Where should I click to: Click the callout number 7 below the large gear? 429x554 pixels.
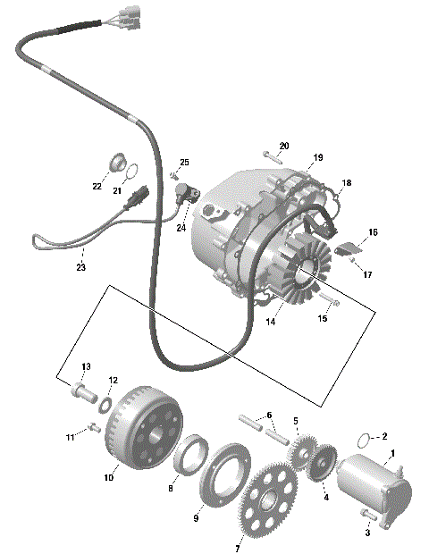(x=237, y=547)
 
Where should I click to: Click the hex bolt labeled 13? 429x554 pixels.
(x=81, y=391)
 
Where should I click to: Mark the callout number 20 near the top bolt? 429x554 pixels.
(x=284, y=146)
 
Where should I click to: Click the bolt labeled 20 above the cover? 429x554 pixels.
(x=272, y=156)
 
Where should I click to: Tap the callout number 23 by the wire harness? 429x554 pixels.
(x=80, y=267)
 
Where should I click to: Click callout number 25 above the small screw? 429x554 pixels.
(x=185, y=162)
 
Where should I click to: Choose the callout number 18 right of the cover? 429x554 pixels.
(x=346, y=182)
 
